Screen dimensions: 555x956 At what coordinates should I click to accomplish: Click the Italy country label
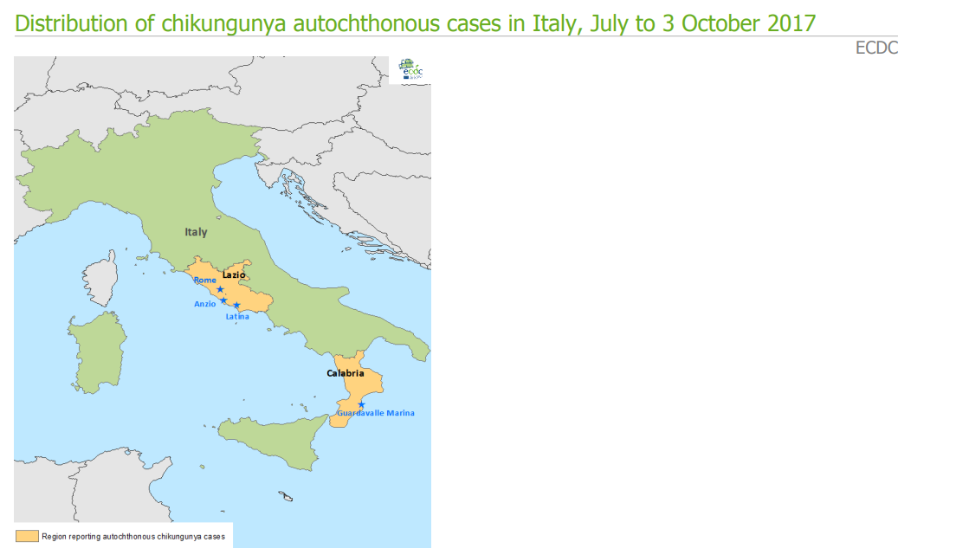point(197,232)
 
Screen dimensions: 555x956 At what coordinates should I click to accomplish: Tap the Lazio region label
point(234,274)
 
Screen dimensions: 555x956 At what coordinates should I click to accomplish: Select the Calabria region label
point(346,373)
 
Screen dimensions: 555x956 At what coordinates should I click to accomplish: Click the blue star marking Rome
point(220,289)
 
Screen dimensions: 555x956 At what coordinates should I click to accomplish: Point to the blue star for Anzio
point(223,300)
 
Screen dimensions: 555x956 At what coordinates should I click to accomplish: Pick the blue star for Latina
point(236,306)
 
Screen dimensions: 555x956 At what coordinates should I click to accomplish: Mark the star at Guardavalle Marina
point(361,405)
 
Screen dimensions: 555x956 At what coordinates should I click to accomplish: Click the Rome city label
point(205,280)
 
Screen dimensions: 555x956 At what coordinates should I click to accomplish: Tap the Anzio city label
point(205,304)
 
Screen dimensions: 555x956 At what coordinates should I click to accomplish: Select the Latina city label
point(237,317)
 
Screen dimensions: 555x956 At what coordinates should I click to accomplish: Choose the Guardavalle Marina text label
point(376,413)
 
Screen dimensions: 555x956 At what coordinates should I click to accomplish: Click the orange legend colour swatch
point(29,537)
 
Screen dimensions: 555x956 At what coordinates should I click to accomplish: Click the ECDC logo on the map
point(410,70)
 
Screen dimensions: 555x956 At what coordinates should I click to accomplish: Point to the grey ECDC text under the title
point(876,48)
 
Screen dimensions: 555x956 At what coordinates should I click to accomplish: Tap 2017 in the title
point(790,23)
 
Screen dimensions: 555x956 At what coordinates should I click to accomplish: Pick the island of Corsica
point(103,275)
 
